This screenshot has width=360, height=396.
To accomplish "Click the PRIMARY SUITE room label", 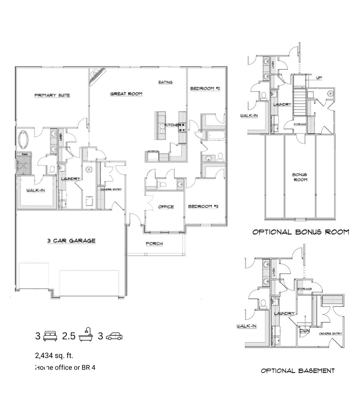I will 52,95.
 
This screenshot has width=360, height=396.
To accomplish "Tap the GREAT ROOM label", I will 126,94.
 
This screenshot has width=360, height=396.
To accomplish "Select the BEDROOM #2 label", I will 205,89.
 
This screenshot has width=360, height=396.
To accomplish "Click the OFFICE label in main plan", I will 166,207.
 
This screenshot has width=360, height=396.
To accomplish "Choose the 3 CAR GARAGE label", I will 72,241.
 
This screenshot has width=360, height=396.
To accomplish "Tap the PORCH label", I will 154,244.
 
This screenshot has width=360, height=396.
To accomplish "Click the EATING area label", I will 166,82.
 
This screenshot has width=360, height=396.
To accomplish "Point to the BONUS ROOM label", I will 300,177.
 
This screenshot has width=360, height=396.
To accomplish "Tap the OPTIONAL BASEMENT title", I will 297,371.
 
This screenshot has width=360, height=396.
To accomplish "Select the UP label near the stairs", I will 319,78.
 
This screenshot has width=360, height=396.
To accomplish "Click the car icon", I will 114,336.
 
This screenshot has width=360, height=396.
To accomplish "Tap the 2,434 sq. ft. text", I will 54,356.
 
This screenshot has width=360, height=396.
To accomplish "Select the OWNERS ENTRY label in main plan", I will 111,190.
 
